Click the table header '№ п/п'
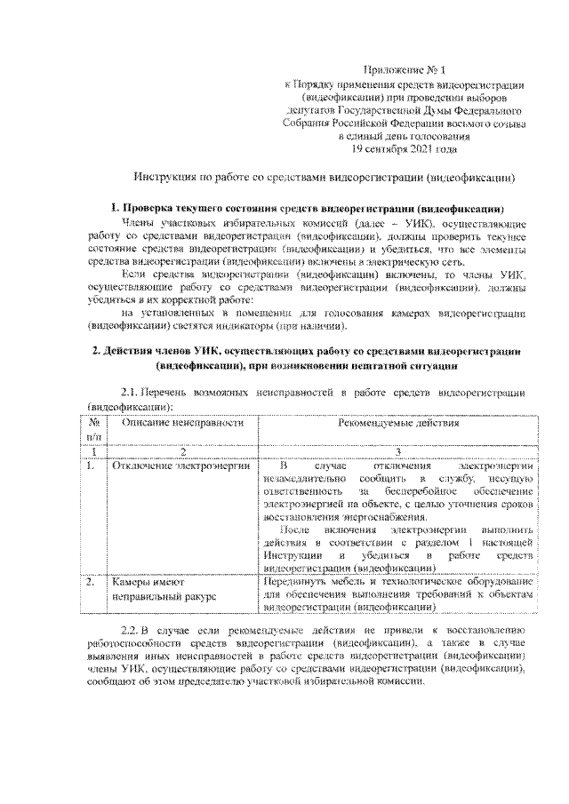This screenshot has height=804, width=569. (93, 430)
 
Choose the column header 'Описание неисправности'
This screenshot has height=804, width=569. (182, 424)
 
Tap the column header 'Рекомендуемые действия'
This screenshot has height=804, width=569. (398, 424)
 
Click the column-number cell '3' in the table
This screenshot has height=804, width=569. (398, 451)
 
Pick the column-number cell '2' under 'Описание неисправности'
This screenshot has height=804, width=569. (182, 451)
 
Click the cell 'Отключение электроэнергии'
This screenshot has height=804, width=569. (181, 465)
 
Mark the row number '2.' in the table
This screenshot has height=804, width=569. (92, 582)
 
